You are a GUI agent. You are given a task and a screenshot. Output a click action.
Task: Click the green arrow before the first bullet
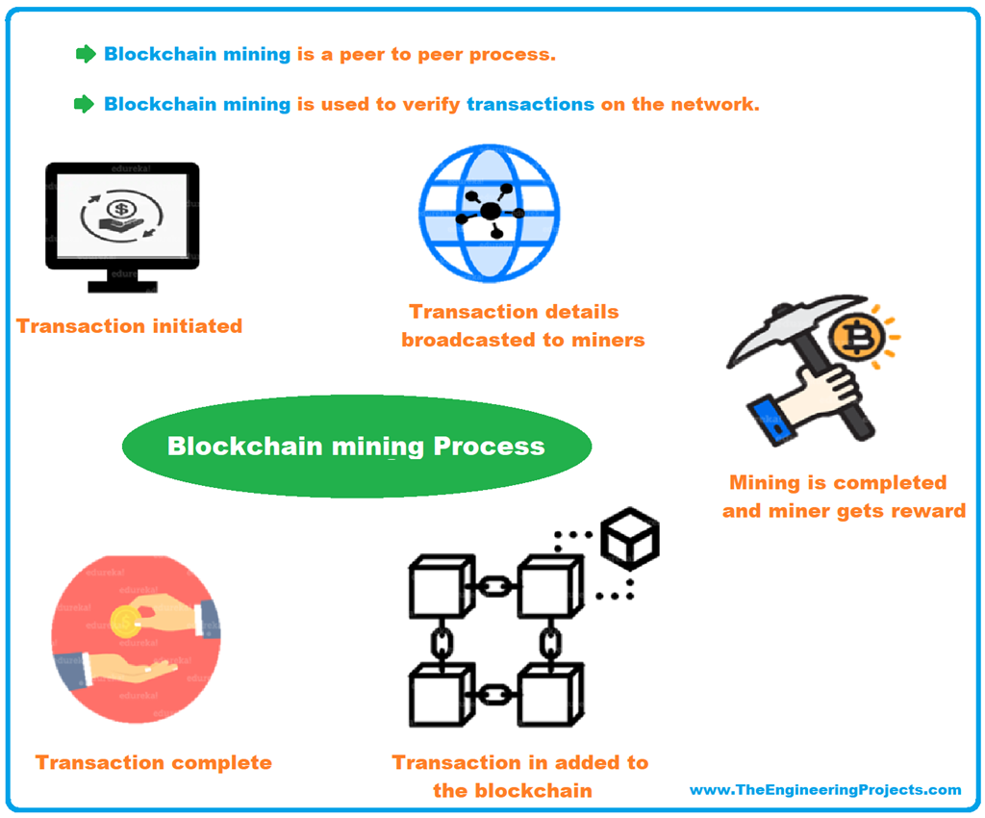coord(86,54)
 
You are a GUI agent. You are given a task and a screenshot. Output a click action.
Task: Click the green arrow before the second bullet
coord(86,104)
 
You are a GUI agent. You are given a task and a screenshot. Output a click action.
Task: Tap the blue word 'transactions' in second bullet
coord(530,104)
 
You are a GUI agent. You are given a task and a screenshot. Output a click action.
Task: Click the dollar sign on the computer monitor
coord(121,209)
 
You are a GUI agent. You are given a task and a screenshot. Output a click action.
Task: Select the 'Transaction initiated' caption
coord(129,326)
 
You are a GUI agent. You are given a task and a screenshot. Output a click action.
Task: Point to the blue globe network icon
coord(489,213)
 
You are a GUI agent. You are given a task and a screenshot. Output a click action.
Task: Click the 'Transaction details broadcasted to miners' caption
coord(522,326)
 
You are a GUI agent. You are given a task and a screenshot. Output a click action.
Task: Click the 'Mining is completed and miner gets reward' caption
coord(843,497)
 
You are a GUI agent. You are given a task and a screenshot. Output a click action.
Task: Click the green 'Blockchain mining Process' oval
coord(356,447)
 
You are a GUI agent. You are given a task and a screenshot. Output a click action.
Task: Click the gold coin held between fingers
coord(125,621)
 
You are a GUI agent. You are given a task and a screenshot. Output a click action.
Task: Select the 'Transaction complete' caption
coord(154,763)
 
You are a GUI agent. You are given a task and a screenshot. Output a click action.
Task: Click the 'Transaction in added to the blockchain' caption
coord(520,777)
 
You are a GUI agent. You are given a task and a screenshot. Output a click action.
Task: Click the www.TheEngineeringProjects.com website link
coord(825,790)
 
